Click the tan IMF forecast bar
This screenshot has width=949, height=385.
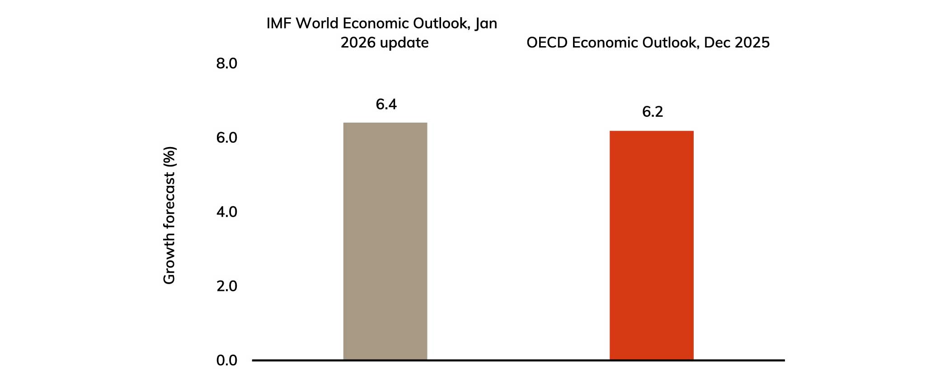[385, 241]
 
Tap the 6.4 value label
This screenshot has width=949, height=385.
[386, 105]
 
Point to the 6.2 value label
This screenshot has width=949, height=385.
[652, 112]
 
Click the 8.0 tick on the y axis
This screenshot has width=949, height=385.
[226, 64]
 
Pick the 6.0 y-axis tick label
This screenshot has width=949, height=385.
[226, 138]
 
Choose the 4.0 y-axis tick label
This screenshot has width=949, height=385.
[226, 212]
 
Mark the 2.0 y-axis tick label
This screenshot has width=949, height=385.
[226, 286]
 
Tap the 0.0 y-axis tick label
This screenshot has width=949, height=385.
[226, 361]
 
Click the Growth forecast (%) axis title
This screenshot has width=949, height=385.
[169, 215]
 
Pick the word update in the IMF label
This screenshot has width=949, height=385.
[404, 43]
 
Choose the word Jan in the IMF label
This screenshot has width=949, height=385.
[486, 24]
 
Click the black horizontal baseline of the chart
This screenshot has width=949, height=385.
[518, 360]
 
